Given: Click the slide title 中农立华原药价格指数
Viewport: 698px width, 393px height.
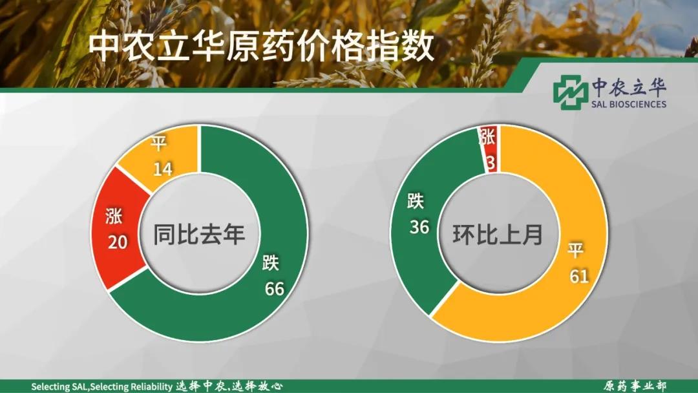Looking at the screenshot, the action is (x=261, y=47).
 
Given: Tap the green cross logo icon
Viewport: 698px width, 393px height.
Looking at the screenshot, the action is (x=571, y=92).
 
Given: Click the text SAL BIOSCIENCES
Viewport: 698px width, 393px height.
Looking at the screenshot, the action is (x=629, y=104).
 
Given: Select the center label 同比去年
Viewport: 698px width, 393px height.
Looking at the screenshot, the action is (x=199, y=234).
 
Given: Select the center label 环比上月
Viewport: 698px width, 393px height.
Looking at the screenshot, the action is (x=498, y=234).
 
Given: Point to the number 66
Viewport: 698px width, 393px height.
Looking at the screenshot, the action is (x=274, y=289).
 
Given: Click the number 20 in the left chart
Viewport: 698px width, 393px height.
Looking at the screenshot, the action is (x=118, y=242).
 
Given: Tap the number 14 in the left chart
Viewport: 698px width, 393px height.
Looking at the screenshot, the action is (x=162, y=169).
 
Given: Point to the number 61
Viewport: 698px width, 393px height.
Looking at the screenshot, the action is (x=579, y=277).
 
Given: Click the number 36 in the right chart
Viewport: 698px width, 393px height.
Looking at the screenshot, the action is (x=419, y=228).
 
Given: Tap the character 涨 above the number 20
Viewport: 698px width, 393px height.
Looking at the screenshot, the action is (x=114, y=216).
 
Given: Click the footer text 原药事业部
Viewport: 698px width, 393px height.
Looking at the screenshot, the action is (x=635, y=386).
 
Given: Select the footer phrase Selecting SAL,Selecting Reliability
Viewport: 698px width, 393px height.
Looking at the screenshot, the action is (x=101, y=387).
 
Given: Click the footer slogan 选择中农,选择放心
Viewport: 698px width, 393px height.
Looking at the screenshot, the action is (x=229, y=386).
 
